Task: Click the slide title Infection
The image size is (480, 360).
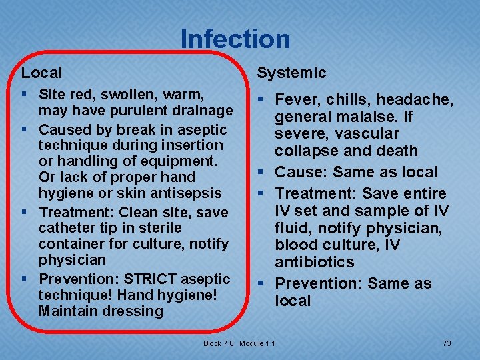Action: tap(235, 39)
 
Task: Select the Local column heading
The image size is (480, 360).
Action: tap(41, 73)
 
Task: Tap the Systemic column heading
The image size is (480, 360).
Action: tap(291, 73)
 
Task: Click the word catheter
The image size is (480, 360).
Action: tap(65, 228)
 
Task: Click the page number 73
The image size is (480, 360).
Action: tap(447, 343)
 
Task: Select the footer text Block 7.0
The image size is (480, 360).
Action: tap(219, 343)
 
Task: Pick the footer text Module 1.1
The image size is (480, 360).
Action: tap(257, 343)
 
